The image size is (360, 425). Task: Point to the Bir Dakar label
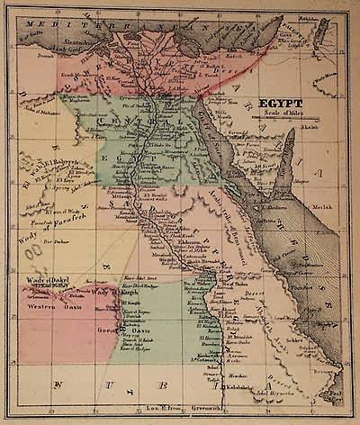pos(56,243)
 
